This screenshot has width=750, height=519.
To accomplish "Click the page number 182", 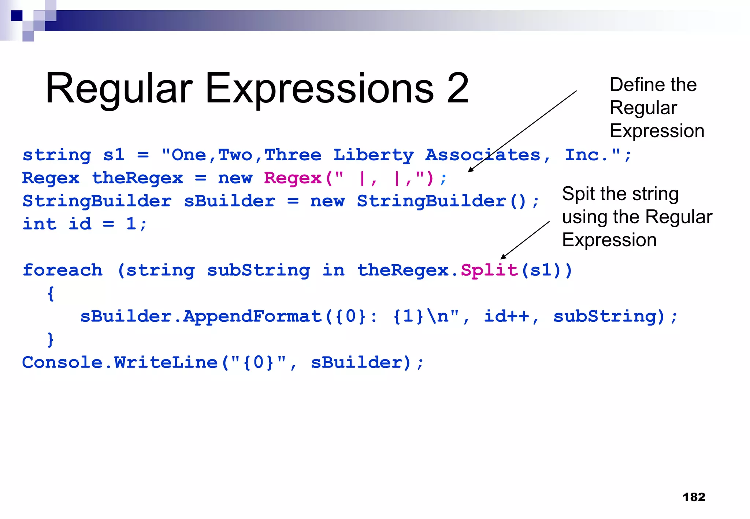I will tap(694, 497).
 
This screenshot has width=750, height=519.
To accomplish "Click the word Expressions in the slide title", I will tap(319, 89).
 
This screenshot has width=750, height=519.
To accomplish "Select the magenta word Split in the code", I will tap(489, 270).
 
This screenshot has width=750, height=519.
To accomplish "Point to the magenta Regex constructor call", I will tap(293, 178).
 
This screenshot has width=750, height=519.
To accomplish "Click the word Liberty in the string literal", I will tap(373, 156).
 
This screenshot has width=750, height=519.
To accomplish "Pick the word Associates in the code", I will tap(483, 156).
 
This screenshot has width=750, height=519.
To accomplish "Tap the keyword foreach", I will tap(62, 270).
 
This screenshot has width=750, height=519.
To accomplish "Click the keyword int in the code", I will tap(40, 224).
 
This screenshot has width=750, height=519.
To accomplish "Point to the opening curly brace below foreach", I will tap(51, 294).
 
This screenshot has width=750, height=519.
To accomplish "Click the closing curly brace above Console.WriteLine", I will tap(51, 340).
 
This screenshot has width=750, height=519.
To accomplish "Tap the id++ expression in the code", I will tap(506, 317).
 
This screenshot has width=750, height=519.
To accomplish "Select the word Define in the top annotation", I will tap(632, 85).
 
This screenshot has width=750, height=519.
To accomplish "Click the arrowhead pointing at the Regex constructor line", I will tap(471, 170).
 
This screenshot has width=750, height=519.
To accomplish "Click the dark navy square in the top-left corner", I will tap(16, 16).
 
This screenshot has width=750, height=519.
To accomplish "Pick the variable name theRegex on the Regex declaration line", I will tap(137, 178).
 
